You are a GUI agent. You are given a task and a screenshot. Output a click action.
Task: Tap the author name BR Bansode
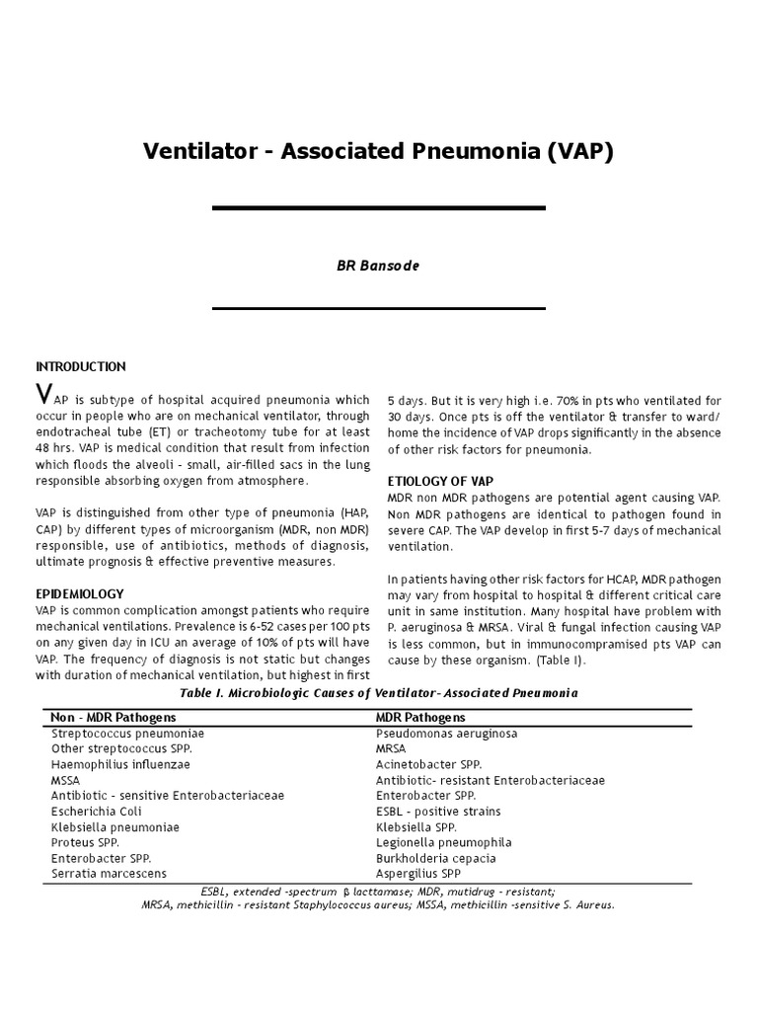point(378,266)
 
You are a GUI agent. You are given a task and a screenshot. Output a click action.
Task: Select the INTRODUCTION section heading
point(81,366)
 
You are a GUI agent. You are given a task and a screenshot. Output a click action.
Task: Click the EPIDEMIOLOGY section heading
point(80,593)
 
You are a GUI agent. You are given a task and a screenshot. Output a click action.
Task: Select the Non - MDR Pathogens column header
point(112,717)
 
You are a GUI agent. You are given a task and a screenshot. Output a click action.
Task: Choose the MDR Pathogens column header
point(420,717)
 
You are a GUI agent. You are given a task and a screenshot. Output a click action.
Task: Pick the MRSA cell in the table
point(391,748)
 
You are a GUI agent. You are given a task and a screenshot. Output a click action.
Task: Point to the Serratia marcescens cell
point(109,874)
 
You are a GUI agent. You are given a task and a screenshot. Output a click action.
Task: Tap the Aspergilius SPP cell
point(418,874)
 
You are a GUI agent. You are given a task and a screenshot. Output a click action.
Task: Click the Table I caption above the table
point(379,693)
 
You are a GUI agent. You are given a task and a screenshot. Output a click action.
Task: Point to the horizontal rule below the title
point(379,208)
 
